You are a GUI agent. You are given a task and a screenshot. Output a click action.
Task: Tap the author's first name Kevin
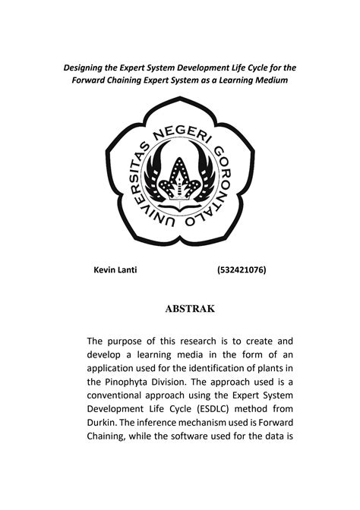(104, 269)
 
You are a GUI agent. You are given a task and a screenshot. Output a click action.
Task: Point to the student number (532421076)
(241, 269)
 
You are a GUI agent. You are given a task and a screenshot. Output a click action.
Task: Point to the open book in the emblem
(179, 203)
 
